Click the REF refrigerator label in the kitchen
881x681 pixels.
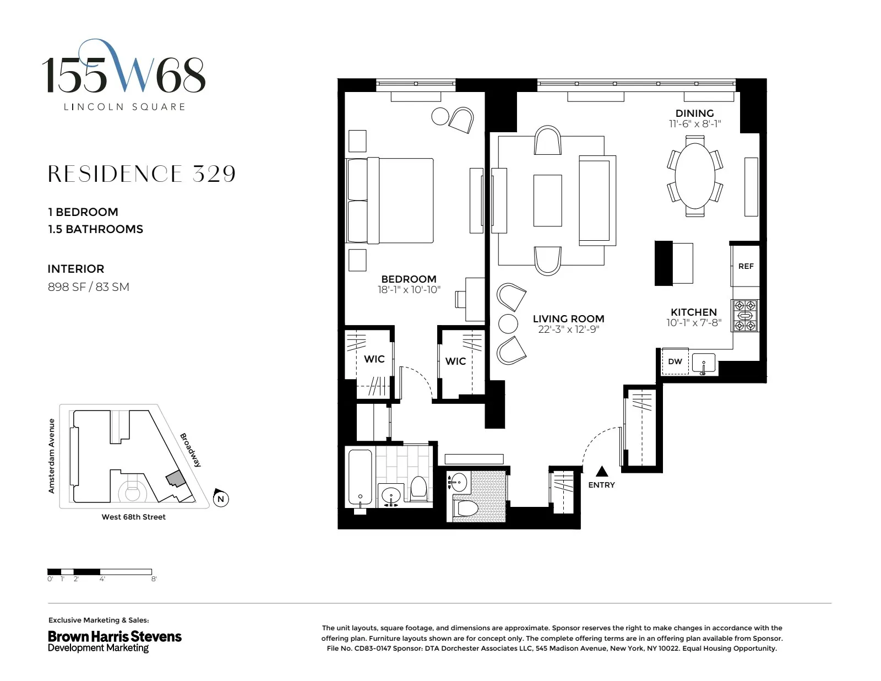pyautogui.click(x=746, y=266)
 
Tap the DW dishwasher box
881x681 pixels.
pyautogui.click(x=675, y=361)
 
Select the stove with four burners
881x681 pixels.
pyautogui.click(x=744, y=316)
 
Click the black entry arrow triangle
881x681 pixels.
pyautogui.click(x=602, y=471)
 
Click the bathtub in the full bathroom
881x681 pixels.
pyautogui.click(x=360, y=479)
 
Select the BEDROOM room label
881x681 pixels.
pyautogui.click(x=409, y=279)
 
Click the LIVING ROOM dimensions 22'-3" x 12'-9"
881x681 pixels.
pyautogui.click(x=568, y=329)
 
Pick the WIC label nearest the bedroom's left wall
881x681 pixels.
pyautogui.click(x=374, y=359)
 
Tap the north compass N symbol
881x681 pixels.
pyautogui.click(x=221, y=499)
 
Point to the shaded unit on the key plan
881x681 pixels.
pyautogui.click(x=175, y=478)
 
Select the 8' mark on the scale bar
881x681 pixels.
pyautogui.click(x=154, y=579)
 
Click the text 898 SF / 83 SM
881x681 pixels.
pyautogui.click(x=88, y=287)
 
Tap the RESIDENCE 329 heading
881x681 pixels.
pyautogui.click(x=142, y=174)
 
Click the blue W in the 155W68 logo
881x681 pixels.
pyautogui.click(x=132, y=72)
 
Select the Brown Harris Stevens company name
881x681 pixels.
pyautogui.click(x=115, y=636)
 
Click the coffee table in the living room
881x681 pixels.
pyautogui.click(x=547, y=201)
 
